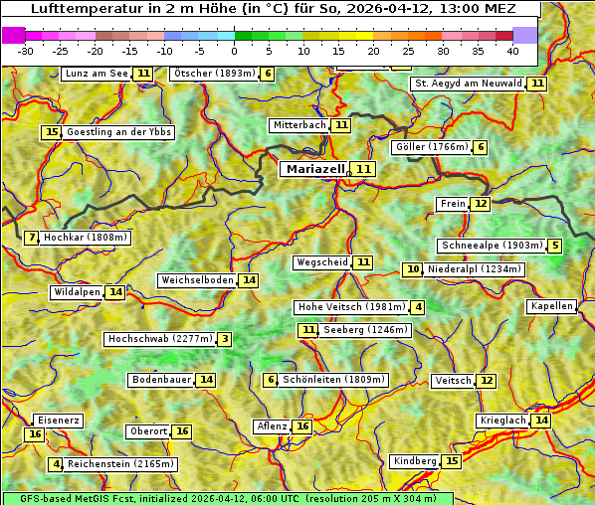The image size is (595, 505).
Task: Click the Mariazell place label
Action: click(x=315, y=169)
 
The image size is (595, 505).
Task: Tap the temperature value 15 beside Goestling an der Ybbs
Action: click(x=52, y=132)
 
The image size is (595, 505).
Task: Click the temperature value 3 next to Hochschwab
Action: click(x=225, y=339)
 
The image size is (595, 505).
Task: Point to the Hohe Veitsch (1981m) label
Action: click(x=352, y=307)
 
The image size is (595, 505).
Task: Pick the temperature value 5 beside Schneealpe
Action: click(x=554, y=246)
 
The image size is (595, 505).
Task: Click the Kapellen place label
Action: click(x=551, y=306)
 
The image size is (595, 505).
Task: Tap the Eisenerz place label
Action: click(x=57, y=421)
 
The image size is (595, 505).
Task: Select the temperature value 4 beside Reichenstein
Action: click(x=57, y=464)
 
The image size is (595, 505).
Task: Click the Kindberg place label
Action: click(x=415, y=461)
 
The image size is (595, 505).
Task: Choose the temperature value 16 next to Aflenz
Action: click(x=302, y=426)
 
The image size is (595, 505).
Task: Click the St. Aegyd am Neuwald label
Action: click(x=468, y=84)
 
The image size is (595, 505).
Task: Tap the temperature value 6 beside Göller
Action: click(x=481, y=147)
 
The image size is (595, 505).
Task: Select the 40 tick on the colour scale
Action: click(x=512, y=51)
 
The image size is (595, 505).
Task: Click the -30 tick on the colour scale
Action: click(x=25, y=51)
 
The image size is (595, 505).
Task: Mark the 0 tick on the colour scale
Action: click(x=234, y=51)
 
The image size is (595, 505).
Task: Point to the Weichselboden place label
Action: click(x=197, y=280)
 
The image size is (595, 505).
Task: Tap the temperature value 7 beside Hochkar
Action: click(x=33, y=238)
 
